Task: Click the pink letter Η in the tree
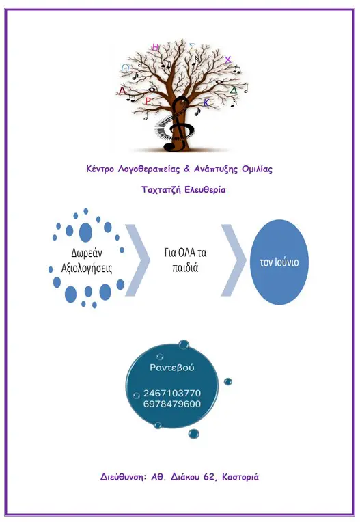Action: click(155, 47)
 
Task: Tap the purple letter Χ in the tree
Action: click(227, 60)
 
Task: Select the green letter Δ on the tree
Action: click(234, 90)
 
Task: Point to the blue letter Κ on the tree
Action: click(206, 103)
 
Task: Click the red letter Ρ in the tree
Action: click(148, 101)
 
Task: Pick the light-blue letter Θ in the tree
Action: click(125, 68)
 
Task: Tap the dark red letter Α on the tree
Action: click(123, 91)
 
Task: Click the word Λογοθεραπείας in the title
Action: click(149, 169)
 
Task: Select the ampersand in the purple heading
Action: click(186, 169)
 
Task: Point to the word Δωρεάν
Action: click(87, 253)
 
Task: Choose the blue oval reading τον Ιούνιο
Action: click(279, 262)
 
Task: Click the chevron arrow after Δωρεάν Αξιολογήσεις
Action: click(137, 260)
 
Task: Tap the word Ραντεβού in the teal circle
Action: click(171, 368)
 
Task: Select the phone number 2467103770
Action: click(172, 393)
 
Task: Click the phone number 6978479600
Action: click(172, 404)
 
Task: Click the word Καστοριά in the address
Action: click(240, 477)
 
